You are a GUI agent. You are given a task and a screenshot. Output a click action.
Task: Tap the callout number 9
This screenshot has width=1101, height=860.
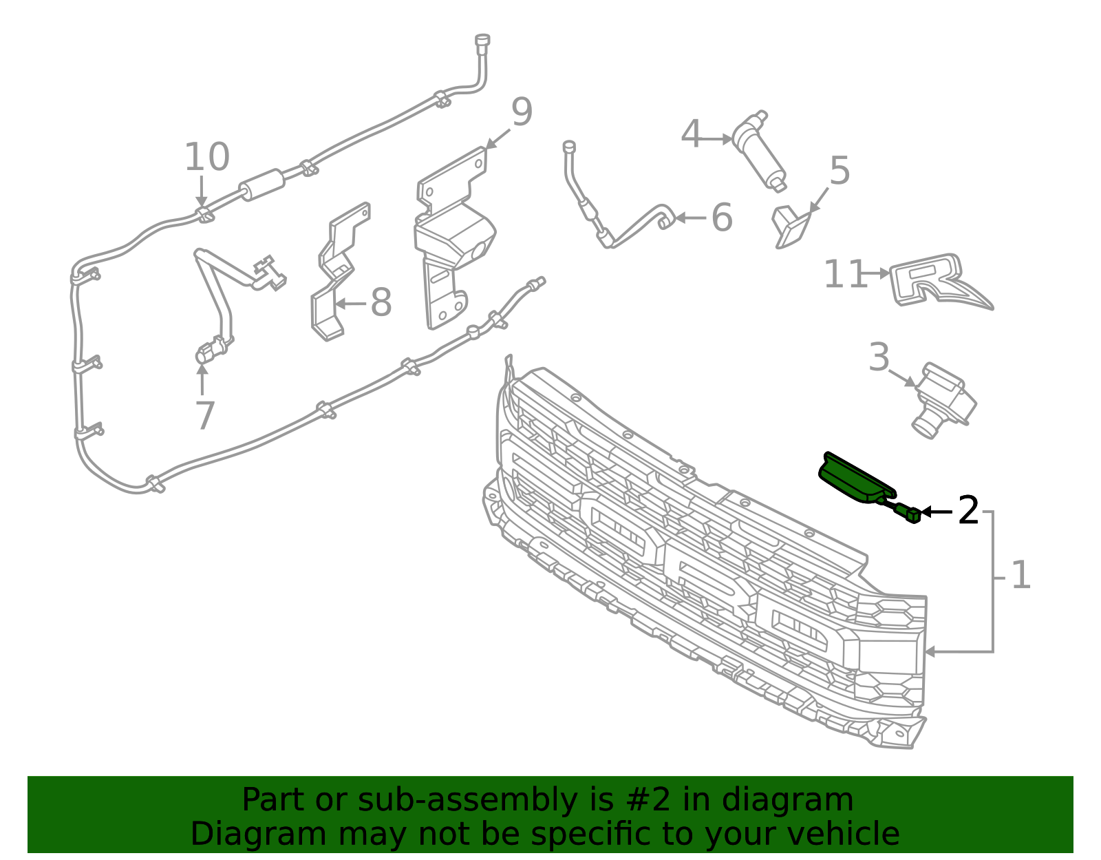(522, 112)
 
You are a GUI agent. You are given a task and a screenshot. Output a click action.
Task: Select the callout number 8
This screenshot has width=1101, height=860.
(381, 302)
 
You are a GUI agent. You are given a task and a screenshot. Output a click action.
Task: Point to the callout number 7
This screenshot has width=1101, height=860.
(205, 416)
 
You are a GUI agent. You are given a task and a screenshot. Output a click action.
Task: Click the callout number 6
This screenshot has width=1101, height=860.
(722, 218)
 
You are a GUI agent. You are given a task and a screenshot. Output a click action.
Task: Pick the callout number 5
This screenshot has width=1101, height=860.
(840, 171)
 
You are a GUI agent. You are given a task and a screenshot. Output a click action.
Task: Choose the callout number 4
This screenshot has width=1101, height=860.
(692, 134)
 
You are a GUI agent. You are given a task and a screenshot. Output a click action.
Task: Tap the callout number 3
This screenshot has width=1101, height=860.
(879, 357)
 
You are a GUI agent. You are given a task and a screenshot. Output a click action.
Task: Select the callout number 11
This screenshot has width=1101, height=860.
(844, 274)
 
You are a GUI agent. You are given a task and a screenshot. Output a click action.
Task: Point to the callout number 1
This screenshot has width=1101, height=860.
(1020, 575)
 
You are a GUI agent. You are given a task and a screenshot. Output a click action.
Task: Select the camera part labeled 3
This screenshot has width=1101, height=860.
(944, 400)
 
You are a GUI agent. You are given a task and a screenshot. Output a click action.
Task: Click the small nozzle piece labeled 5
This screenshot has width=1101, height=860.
(791, 227)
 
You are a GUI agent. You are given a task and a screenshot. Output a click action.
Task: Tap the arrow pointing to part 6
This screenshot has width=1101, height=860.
(691, 218)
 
